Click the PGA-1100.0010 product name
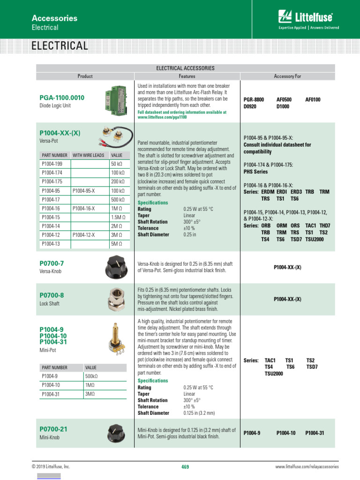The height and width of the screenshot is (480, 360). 62,97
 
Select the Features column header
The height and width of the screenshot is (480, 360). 187,76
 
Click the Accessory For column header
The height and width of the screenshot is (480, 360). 287,76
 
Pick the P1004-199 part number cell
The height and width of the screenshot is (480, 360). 52,164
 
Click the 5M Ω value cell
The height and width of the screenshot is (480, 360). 117,244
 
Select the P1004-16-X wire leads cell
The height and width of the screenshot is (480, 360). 83,208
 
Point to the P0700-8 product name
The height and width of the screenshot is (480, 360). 52,295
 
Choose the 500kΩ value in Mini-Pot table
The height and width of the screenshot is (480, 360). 91,376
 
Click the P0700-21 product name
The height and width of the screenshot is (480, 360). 53,429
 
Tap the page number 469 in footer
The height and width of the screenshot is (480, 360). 185,466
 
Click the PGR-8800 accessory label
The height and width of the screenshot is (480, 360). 254,100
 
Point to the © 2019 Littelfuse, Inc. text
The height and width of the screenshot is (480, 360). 51,466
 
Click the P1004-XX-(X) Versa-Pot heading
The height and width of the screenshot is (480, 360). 60,133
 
